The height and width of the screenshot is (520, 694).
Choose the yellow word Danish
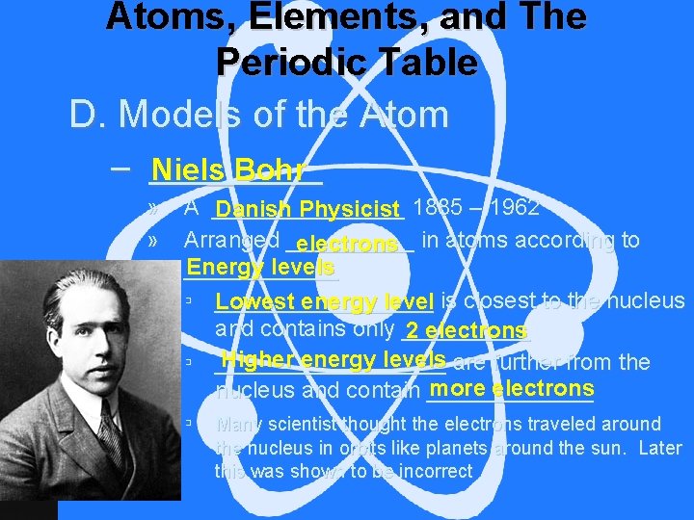tap(254, 209)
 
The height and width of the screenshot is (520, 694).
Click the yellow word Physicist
tap(350, 209)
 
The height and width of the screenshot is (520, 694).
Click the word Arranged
tap(231, 240)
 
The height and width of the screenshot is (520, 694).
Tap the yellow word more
tap(459, 388)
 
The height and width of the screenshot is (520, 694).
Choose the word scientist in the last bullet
tap(307, 424)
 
